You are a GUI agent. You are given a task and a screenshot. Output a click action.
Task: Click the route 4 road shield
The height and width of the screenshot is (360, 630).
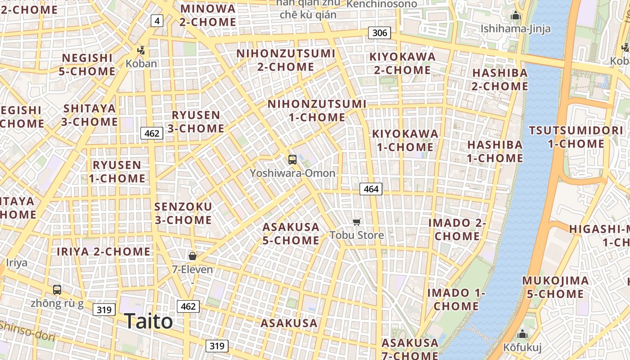click(157, 21)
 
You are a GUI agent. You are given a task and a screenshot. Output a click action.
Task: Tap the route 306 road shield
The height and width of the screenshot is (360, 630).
click(379, 33)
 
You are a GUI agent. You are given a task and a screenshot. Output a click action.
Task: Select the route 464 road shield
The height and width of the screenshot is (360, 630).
click(371, 189)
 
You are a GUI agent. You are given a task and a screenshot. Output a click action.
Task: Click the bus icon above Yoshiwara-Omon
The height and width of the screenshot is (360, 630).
click(292, 159)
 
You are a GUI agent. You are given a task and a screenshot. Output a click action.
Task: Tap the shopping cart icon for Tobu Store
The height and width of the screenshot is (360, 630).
click(357, 222)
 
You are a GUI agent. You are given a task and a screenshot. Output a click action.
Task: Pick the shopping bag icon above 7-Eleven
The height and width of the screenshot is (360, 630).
click(193, 256)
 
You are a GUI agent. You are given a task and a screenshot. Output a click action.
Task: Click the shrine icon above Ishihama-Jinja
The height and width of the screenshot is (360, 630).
click(516, 16)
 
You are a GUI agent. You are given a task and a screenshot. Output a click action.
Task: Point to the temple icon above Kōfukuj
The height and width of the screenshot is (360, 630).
click(522, 334)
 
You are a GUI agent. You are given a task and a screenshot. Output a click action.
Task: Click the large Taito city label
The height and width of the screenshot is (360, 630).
click(148, 321)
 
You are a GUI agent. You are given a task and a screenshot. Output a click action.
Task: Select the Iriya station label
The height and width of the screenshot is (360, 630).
click(17, 263)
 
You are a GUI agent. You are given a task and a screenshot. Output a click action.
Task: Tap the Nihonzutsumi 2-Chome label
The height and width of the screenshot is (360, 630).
click(286, 60)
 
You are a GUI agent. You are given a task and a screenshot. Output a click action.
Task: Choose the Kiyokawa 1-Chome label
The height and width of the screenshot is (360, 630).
click(405, 140)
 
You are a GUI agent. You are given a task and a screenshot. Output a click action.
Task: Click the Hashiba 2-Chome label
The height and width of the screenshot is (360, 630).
click(499, 79)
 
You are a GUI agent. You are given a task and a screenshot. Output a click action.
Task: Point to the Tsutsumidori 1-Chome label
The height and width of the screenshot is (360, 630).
click(576, 137)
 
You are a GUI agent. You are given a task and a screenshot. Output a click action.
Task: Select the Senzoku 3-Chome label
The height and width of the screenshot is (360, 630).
click(183, 213)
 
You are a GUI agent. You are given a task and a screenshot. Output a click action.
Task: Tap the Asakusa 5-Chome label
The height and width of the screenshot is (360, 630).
click(291, 234)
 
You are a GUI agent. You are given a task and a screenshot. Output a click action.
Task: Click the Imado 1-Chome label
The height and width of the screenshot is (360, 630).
click(456, 299)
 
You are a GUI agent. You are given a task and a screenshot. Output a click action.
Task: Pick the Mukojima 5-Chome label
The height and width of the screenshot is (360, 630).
click(555, 287)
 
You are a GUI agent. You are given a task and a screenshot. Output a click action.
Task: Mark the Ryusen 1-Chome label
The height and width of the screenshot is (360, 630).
click(117, 171)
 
